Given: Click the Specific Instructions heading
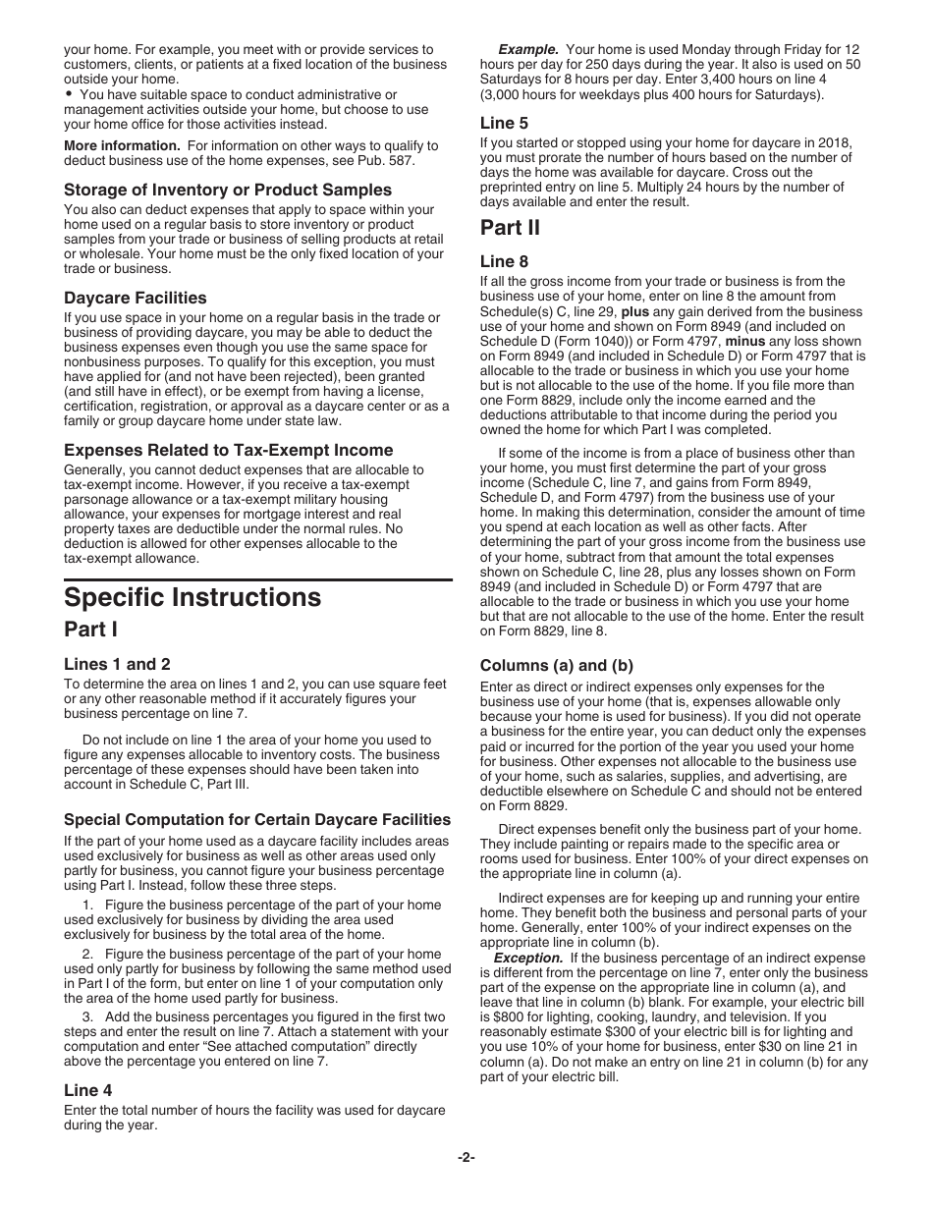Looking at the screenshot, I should click(192, 598).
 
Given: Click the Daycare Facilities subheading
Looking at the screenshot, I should click(136, 298).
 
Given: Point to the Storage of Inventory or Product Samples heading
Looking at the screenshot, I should click(228, 190).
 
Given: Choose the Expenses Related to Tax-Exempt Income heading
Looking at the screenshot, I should click(229, 450).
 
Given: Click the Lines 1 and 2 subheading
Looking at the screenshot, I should click(117, 664).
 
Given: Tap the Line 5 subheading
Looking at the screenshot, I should click(504, 123).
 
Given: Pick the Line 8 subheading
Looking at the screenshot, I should click(504, 261).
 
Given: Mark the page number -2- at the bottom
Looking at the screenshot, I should click(466, 1156).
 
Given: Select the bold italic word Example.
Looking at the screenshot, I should click(528, 49).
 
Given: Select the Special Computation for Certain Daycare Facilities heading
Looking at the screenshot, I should click(257, 819).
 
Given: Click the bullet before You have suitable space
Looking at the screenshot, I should click(69, 94).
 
